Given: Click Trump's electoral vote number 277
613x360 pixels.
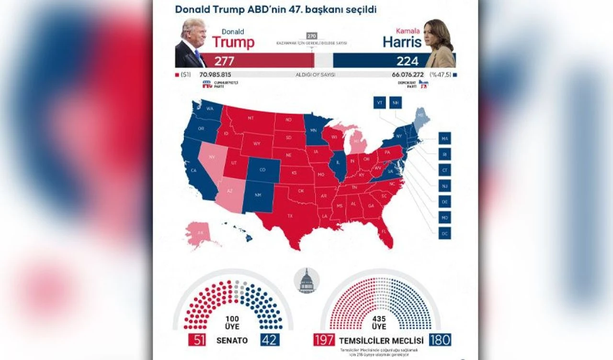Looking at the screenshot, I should pos(224,61).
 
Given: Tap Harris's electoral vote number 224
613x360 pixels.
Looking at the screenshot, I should pos(407,61).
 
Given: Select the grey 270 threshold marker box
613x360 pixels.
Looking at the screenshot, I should pos(312,36).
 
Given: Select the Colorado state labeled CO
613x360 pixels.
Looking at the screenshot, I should pos(262,170).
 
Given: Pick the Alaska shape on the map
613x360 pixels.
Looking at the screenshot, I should pos(199,233).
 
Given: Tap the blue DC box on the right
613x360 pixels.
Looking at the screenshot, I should pos(444,233).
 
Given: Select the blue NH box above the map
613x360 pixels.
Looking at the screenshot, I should pos(396,103).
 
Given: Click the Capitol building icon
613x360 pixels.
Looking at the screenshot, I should pos(306,281).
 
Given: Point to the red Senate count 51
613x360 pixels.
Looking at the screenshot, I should pos(196,340).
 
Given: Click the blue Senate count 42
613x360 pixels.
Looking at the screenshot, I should pos(269,340).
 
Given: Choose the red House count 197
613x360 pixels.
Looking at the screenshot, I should pos(324,340).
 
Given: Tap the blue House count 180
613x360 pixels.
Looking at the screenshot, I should pos(440,340).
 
